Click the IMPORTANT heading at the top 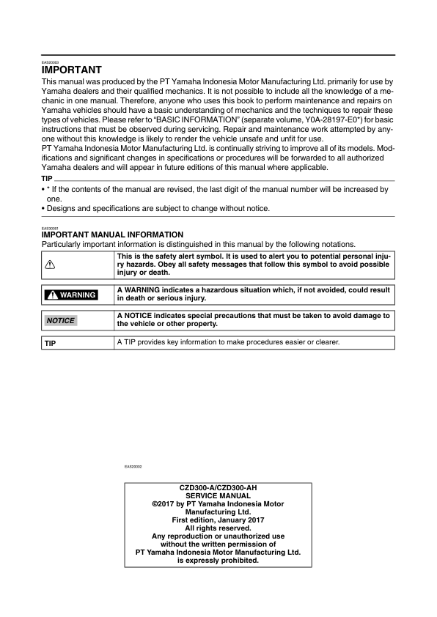point(72,70)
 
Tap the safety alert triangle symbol point(51,265)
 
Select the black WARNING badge point(71,295)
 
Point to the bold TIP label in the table point(51,343)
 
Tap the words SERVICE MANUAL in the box point(218,496)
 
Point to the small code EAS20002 point(133,466)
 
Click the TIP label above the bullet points point(48,179)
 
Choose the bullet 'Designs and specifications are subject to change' point(158,208)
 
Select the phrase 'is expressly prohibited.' point(218,561)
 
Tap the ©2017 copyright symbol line point(218,504)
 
